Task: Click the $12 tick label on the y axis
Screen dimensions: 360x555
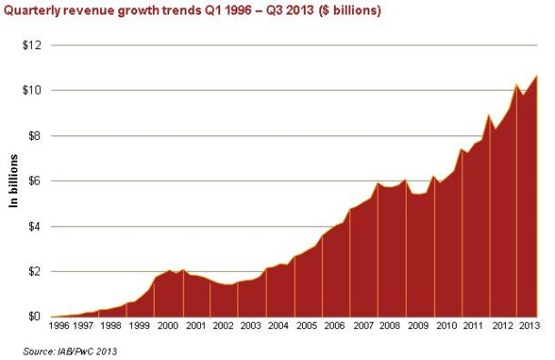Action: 30,45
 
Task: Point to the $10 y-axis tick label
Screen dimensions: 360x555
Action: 30,90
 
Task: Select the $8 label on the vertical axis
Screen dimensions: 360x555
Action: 33,135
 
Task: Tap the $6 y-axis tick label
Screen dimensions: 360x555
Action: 33,181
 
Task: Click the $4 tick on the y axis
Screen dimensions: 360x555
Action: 33,226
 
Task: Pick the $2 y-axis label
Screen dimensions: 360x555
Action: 33,272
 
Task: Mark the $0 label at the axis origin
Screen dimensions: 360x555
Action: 33,316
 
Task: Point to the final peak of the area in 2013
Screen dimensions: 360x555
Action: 538,75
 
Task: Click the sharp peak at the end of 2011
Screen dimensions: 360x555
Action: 489,115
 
